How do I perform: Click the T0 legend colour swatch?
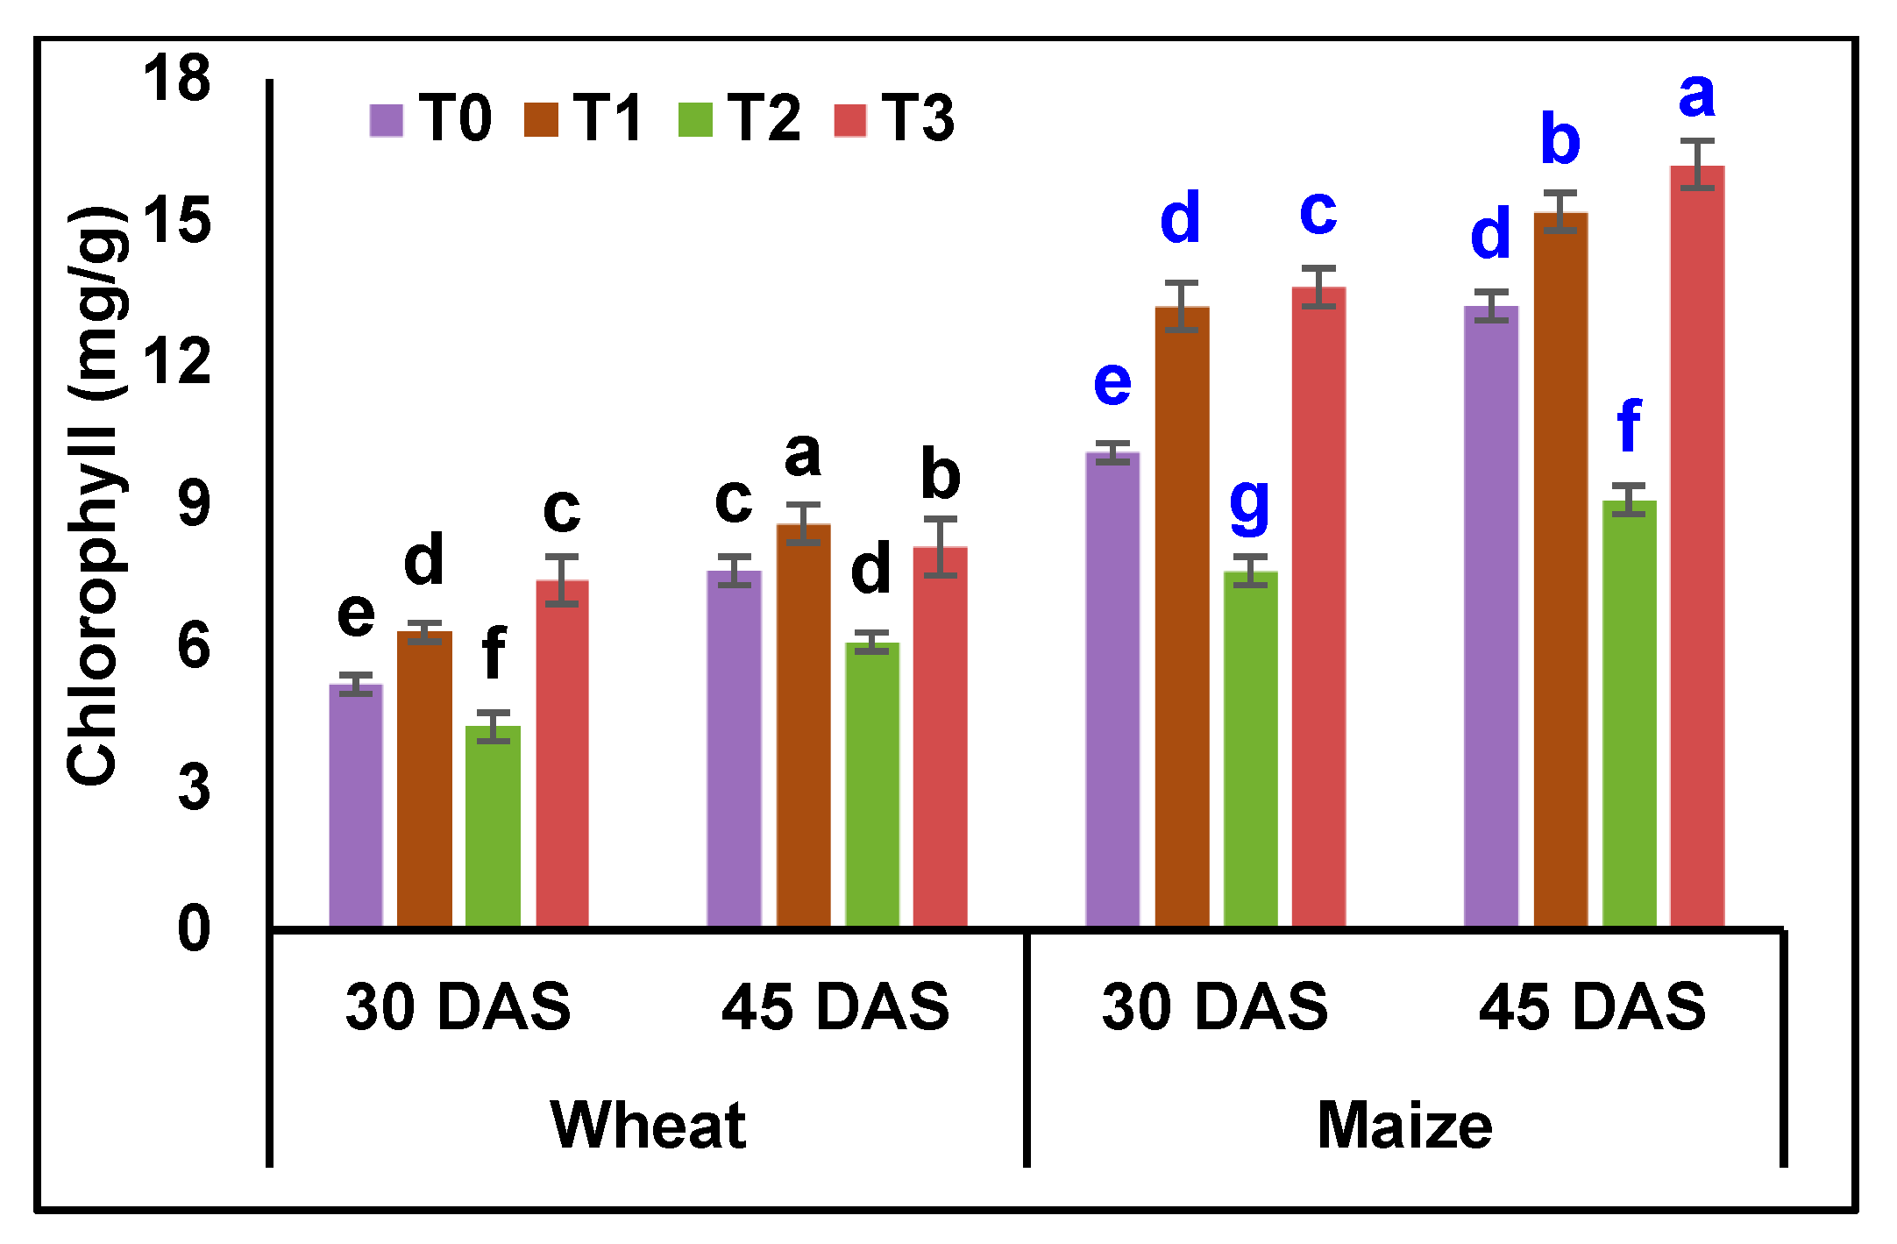click(386, 120)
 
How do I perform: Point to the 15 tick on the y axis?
click(177, 220)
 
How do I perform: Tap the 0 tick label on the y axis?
click(194, 928)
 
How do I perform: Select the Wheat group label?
click(648, 1125)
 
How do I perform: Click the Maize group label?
click(1404, 1125)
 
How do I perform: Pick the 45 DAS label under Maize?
click(1592, 1006)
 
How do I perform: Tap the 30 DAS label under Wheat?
click(458, 1006)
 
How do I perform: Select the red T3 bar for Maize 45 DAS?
click(1697, 544)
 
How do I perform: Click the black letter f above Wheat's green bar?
click(494, 652)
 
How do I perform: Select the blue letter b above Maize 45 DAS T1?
click(1560, 139)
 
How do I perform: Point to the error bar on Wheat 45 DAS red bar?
click(941, 547)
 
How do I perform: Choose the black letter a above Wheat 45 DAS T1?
click(802, 455)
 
